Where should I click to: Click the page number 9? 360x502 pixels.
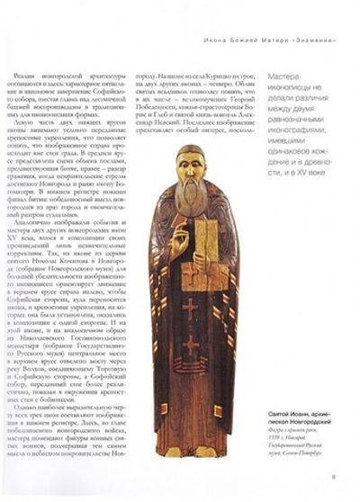coord(333,479)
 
